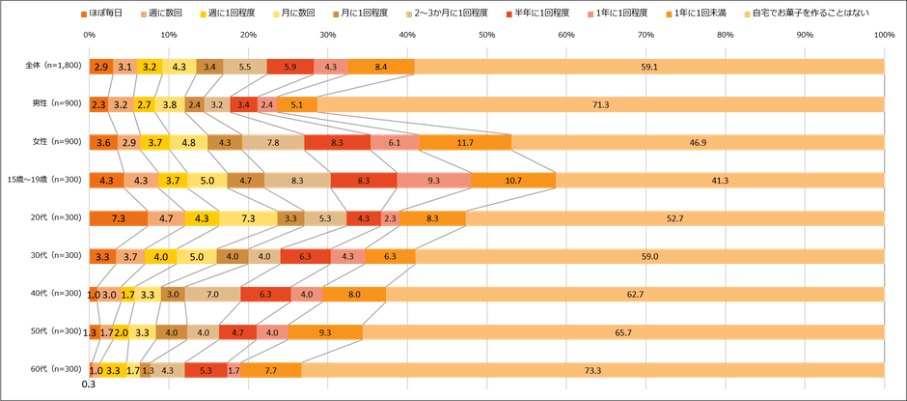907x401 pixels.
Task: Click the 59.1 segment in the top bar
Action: [648, 67]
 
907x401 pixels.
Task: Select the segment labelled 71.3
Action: [600, 104]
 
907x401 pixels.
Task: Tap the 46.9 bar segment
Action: [697, 142]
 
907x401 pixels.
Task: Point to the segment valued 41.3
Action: [719, 180]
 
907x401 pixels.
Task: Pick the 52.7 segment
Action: [674, 218]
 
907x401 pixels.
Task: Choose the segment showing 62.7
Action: [635, 294]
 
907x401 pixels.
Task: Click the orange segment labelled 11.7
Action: [465, 142]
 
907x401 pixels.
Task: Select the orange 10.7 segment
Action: [513, 180]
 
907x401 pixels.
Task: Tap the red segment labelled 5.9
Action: [289, 67]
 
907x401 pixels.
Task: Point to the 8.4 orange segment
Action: [380, 67]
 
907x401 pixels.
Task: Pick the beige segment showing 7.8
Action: [273, 142]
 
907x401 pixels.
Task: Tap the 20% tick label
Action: [249, 36]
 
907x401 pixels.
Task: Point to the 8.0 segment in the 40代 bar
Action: [354, 294]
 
